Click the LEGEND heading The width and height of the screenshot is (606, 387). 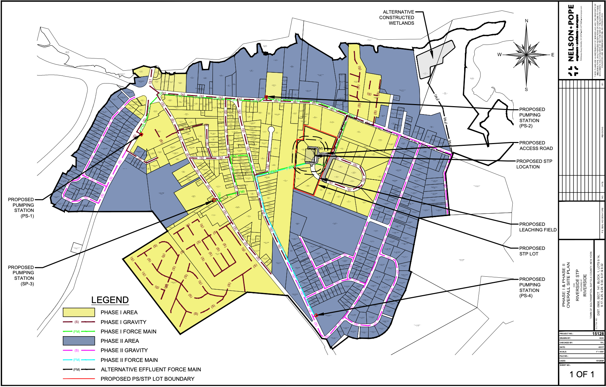pyautogui.click(x=110, y=300)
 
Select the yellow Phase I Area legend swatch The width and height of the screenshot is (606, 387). pyautogui.click(x=79, y=312)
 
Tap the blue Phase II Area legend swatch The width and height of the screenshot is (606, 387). pyautogui.click(x=79, y=341)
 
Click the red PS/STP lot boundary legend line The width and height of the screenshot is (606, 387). pyautogui.click(x=79, y=379)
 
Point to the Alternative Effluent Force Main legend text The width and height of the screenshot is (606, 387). pyautogui.click(x=151, y=370)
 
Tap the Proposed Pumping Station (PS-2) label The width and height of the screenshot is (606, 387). pyautogui.click(x=531, y=118)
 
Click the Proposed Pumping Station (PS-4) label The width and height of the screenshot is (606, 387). pyautogui.click(x=531, y=287)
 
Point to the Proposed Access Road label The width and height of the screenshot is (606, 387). pyautogui.click(x=536, y=145)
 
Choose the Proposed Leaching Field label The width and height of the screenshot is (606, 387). pyautogui.click(x=537, y=227)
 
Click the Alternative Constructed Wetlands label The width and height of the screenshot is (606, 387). pyautogui.click(x=397, y=17)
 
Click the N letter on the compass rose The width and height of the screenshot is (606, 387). pyautogui.click(x=527, y=21)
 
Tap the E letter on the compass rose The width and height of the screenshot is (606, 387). pyautogui.click(x=553, y=55)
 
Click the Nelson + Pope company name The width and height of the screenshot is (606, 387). pyautogui.click(x=571, y=33)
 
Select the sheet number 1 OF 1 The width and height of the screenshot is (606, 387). pyautogui.click(x=582, y=374)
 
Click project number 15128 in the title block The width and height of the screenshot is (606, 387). pyautogui.click(x=598, y=333)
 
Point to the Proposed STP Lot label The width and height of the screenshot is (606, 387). pyautogui.click(x=531, y=251)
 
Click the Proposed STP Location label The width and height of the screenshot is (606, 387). pyautogui.click(x=534, y=164)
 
